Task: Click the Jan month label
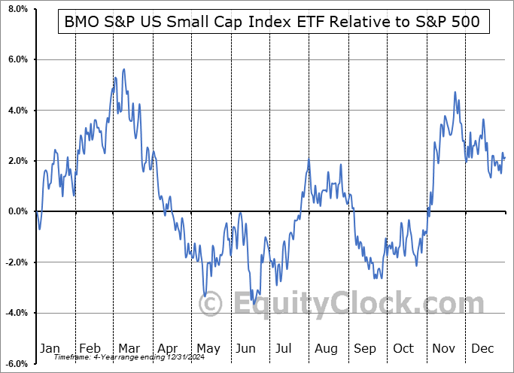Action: [49, 348]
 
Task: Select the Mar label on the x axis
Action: [129, 348]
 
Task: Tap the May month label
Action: [208, 348]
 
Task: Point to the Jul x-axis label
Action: [285, 348]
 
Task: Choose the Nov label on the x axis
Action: [443, 348]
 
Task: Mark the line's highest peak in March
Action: [123, 69]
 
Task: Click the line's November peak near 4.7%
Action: [455, 92]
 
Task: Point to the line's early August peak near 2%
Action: [309, 159]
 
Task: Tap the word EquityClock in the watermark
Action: [346, 305]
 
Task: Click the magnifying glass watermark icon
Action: [210, 305]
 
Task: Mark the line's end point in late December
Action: [505, 157]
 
